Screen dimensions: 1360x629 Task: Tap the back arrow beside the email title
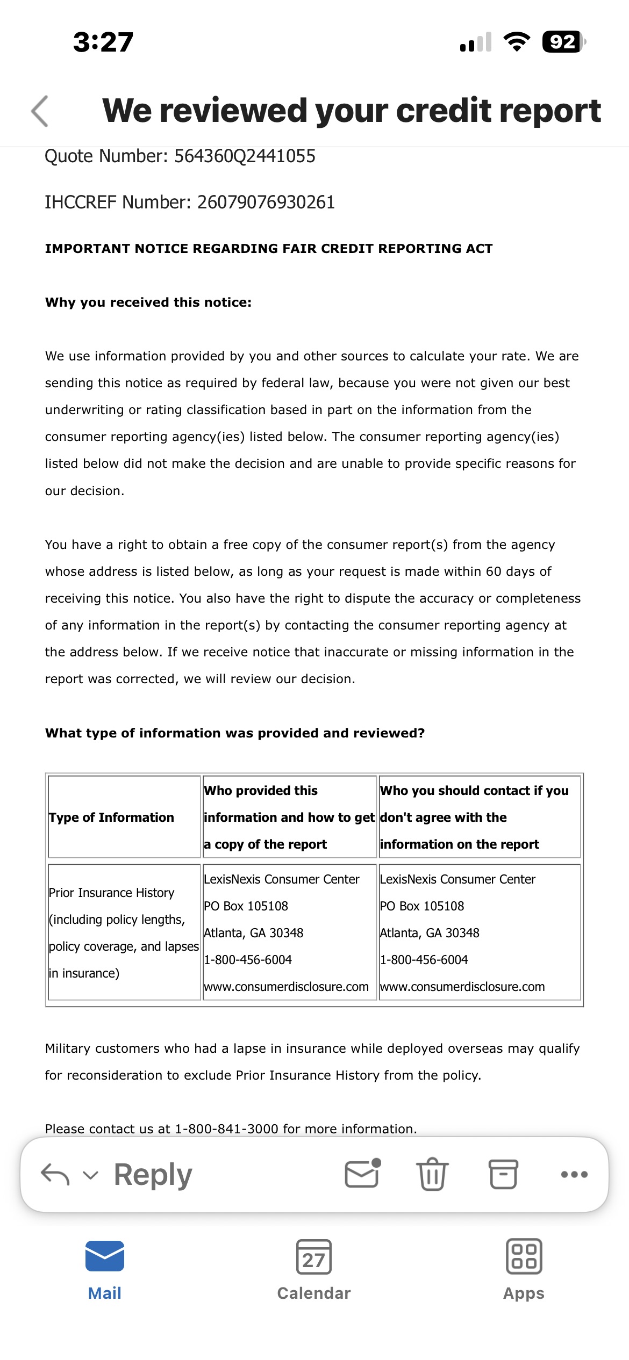pyautogui.click(x=40, y=111)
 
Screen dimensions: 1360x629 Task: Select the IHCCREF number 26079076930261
pyautogui.click(x=266, y=202)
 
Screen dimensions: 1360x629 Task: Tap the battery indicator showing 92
pyautogui.click(x=563, y=42)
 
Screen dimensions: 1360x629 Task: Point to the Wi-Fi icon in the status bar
pyautogui.click(x=516, y=42)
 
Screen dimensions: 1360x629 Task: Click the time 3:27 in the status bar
pyautogui.click(x=103, y=42)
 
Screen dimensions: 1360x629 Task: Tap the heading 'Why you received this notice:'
pyautogui.click(x=148, y=302)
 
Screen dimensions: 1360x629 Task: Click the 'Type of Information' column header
pyautogui.click(x=111, y=818)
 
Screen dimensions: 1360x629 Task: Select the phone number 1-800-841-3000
pyautogui.click(x=226, y=1128)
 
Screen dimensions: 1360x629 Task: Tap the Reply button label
pyautogui.click(x=153, y=1175)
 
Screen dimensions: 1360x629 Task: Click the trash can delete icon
pyautogui.click(x=432, y=1174)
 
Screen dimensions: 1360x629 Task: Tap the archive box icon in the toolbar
pyautogui.click(x=503, y=1174)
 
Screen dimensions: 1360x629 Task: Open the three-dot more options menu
pyautogui.click(x=574, y=1174)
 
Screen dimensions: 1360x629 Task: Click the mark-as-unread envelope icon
pyautogui.click(x=362, y=1174)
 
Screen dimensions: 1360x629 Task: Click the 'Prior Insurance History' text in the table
pyautogui.click(x=111, y=893)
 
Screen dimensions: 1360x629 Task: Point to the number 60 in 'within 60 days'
pyautogui.click(x=494, y=572)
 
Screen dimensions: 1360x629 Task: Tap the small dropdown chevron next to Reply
pyautogui.click(x=91, y=1175)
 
